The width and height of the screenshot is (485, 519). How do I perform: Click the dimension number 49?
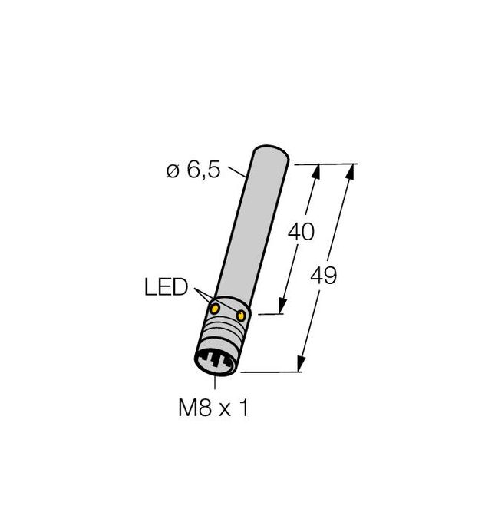[326, 274]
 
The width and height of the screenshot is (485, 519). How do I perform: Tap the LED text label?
[166, 288]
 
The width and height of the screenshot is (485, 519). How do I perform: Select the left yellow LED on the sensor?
[216, 309]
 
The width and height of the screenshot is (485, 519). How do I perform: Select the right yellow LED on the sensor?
[242, 315]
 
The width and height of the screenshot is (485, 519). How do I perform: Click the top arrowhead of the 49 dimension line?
[351, 170]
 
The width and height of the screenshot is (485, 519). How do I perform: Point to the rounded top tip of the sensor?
[271, 148]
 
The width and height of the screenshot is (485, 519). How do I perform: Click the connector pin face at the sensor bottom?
[217, 361]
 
